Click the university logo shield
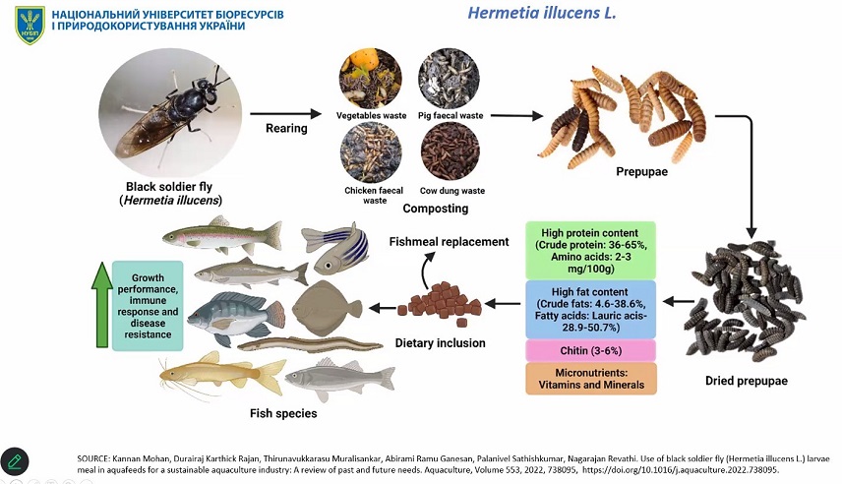pyautogui.click(x=30, y=25)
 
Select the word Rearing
pyautogui.click(x=286, y=128)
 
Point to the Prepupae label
pyautogui.click(x=643, y=172)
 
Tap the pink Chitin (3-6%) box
pyautogui.click(x=590, y=351)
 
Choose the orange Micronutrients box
pyautogui.click(x=590, y=378)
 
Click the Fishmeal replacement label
pyautogui.click(x=450, y=241)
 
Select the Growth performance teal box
pyautogui.click(x=148, y=305)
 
